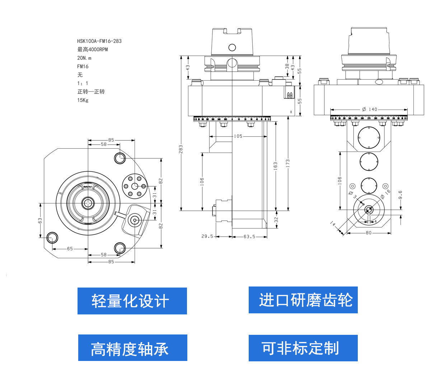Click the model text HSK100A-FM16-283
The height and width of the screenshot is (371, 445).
tap(99, 41)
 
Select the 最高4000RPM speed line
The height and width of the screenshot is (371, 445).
tap(92, 49)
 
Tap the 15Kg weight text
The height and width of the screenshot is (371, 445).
tap(83, 100)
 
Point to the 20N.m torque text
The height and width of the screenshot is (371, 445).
tap(84, 58)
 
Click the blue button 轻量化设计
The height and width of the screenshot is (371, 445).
tap(132, 301)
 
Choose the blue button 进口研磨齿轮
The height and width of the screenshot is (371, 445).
tap(303, 300)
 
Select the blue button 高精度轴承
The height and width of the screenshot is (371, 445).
tap(132, 348)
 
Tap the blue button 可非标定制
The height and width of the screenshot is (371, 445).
tap(303, 348)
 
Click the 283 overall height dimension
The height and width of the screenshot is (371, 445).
tap(181, 149)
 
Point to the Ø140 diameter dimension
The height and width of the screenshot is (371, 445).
tap(370, 109)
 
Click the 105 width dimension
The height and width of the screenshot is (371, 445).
tap(238, 136)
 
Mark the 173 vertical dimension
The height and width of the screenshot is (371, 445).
tap(288, 163)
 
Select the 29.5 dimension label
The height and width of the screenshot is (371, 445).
tap(207, 236)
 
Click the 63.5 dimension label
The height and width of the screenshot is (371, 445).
tap(249, 236)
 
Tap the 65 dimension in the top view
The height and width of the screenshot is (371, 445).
tap(70, 249)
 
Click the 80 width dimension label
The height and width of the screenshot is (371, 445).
tap(369, 233)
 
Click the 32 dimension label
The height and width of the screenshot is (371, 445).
tap(276, 220)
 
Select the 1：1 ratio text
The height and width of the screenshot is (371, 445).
tap(83, 83)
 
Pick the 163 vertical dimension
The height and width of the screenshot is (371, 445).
tap(276, 165)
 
